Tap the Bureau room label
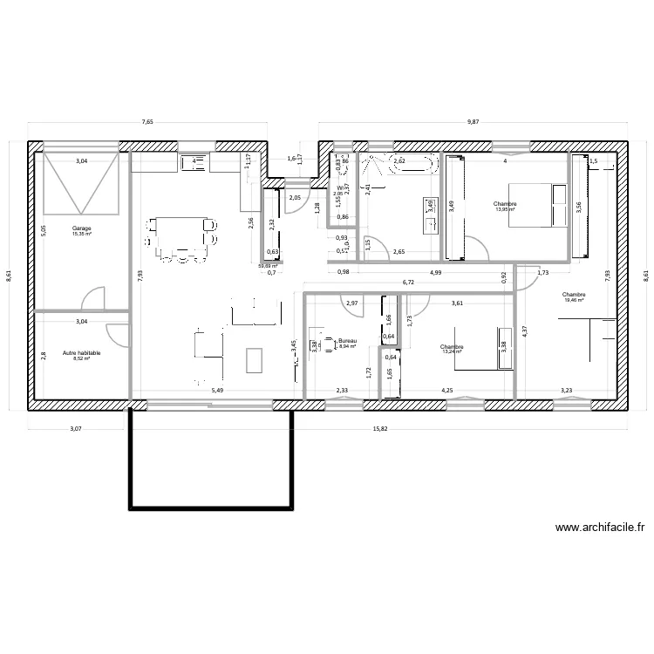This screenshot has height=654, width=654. [x=347, y=343]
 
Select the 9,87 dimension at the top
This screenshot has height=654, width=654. [x=473, y=123]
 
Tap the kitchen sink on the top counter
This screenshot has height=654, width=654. [x=194, y=161]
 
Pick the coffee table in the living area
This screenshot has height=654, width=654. [x=255, y=358]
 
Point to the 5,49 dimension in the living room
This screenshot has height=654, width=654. [x=216, y=390]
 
